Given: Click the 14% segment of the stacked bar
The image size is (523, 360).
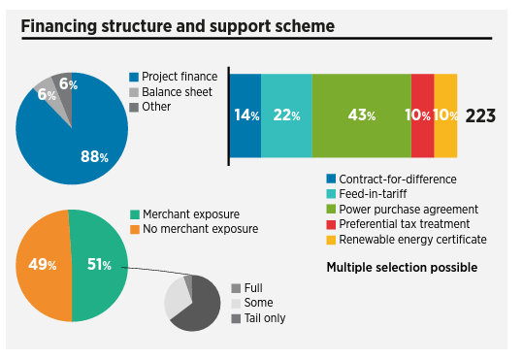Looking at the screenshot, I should click(245, 115).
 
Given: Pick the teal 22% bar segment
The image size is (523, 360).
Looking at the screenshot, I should click(286, 115).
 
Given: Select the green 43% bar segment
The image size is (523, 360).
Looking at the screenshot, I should click(361, 115).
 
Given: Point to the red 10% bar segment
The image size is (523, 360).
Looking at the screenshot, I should click(422, 115).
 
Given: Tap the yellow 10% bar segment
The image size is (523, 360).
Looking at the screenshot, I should click(445, 115).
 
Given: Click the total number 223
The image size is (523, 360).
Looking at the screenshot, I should click(480, 116).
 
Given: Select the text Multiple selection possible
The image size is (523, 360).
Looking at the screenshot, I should click(402, 266).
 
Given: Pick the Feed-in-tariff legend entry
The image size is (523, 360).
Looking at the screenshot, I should click(378, 194).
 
